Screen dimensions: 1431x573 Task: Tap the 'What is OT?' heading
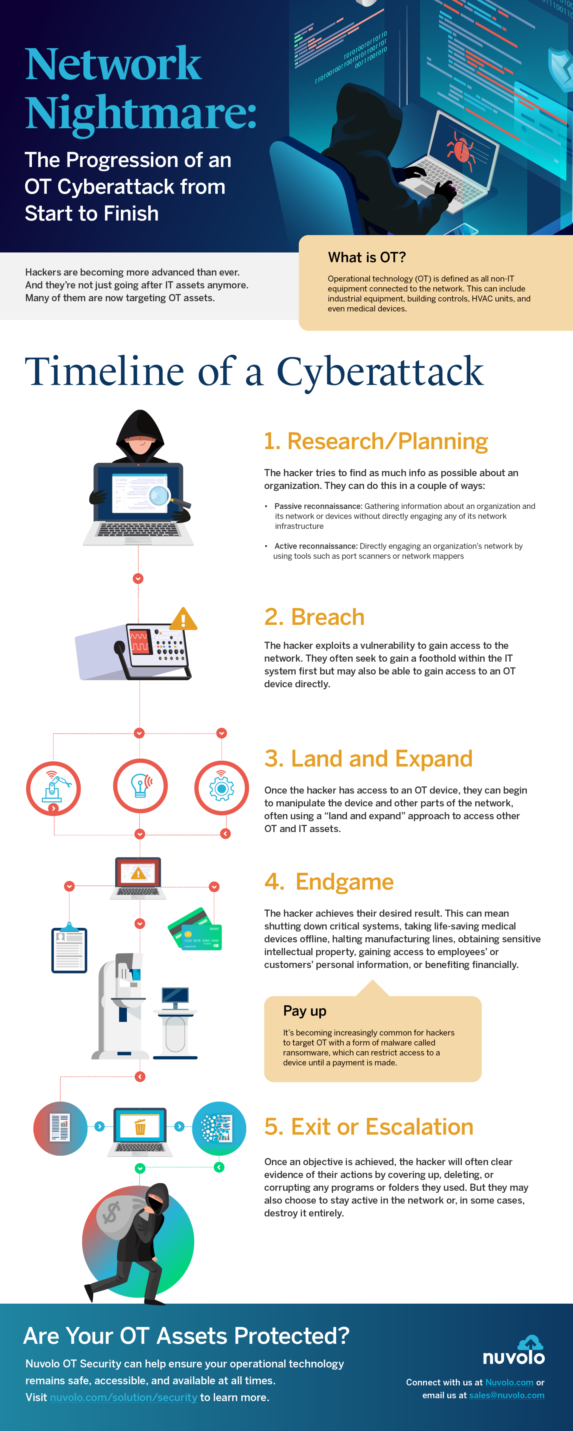pos(367,257)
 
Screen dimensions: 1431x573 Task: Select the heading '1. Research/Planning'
pos(376,441)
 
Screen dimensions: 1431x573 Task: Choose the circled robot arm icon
pos(53,788)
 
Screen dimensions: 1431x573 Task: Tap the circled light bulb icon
pos(140,785)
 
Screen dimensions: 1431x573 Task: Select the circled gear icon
pos(221,788)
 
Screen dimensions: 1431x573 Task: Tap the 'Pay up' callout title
pos(305,1010)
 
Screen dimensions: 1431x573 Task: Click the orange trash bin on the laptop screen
pos(140,1127)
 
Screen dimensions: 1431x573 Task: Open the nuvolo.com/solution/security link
pos(123,1397)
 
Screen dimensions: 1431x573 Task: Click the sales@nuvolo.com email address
pos(506,1395)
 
